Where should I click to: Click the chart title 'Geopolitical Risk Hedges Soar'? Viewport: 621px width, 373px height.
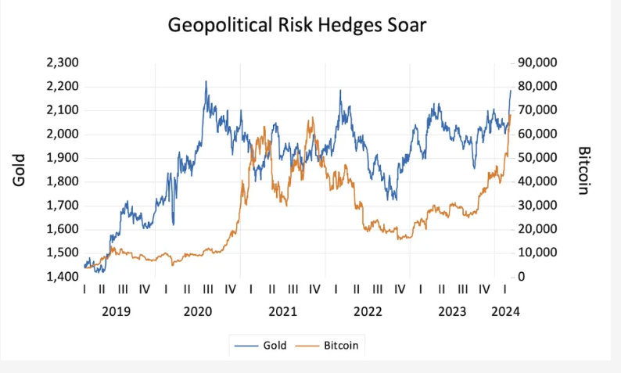pos(297,25)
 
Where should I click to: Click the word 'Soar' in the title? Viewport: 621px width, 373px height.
pos(406,25)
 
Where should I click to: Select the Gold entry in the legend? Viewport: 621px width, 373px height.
pos(267,345)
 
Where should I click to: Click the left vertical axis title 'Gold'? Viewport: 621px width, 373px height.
pos(20,170)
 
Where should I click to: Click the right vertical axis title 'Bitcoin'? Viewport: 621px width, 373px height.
pos(583,170)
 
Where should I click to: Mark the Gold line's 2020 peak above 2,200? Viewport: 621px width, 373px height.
pos(206,81)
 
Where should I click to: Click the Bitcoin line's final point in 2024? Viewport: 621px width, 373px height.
pos(511,115)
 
